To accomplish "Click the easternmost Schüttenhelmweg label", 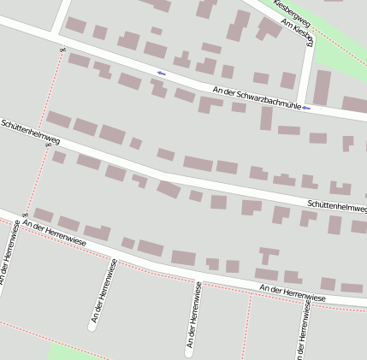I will [x=336, y=206].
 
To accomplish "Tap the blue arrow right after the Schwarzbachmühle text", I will [x=306, y=109].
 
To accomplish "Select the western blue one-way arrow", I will [x=161, y=73].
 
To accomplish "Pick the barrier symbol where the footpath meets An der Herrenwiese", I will [x=27, y=213].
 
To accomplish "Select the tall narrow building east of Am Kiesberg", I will [x=322, y=87].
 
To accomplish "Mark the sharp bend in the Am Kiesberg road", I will [x=311, y=40].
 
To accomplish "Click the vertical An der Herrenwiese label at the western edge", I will [x=8, y=257].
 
